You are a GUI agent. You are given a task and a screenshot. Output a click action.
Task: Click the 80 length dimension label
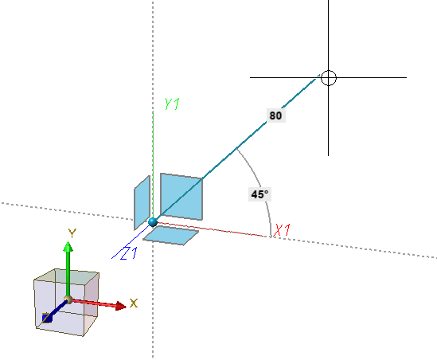[x=275, y=115]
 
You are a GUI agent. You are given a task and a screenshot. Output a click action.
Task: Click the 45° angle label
[x=259, y=194]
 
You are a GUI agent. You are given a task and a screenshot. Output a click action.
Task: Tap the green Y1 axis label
[x=172, y=104]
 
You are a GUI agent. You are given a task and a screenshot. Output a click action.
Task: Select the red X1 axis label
[x=282, y=230]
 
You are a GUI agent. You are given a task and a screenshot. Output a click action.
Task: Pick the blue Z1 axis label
[x=129, y=253]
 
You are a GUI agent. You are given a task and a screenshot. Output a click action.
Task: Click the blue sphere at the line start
[x=153, y=222]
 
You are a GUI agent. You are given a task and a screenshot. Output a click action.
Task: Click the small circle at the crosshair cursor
[x=329, y=78]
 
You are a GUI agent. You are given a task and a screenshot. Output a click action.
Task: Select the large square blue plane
[x=181, y=197]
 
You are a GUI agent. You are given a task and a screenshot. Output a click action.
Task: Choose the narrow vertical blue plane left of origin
[x=142, y=203]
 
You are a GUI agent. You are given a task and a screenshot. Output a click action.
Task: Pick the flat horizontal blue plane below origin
[x=170, y=236]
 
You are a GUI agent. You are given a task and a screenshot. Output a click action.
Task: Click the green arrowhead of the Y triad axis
[x=68, y=247]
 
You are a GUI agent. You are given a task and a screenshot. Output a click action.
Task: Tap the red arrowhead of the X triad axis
[x=121, y=306]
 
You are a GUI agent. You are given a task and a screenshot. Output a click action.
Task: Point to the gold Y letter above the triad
[x=72, y=233]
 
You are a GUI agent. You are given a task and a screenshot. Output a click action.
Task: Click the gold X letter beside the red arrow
[x=134, y=303]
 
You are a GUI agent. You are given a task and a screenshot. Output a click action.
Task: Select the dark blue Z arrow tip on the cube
[x=47, y=318]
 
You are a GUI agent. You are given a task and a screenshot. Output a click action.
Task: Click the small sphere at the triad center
[x=68, y=299]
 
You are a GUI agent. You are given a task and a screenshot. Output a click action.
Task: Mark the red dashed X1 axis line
[x=212, y=229]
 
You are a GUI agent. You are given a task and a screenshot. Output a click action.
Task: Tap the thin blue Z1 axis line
[x=131, y=241]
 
